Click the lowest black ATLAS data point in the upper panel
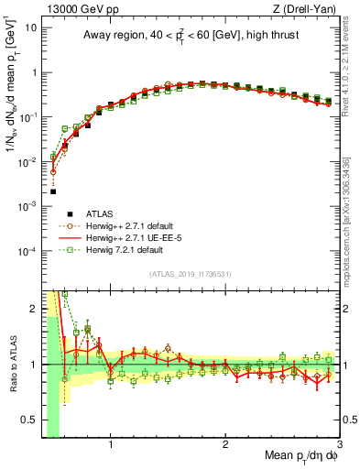[53, 191]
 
